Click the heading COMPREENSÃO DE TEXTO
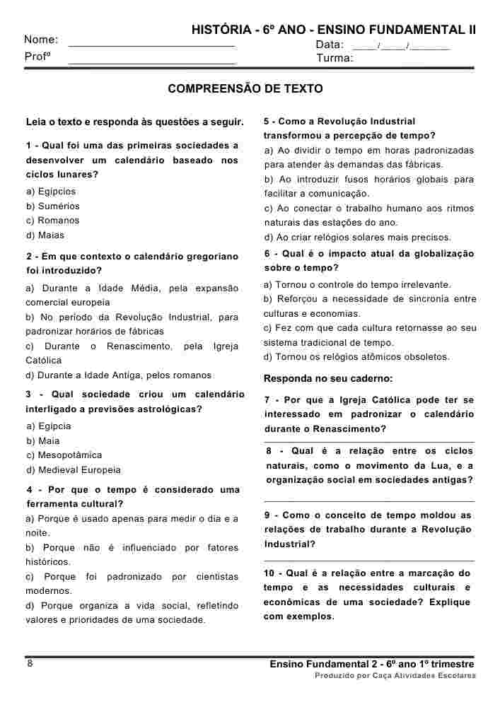[245, 89]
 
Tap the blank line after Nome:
[151, 44]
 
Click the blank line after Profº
[151, 62]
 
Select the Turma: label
[335, 59]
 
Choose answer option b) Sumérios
[53, 206]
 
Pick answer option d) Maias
[45, 235]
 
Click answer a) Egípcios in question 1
[51, 192]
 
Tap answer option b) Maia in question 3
[43, 441]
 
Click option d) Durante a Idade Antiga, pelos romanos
[119, 375]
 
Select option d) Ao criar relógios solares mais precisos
[357, 238]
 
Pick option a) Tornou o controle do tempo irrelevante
[357, 285]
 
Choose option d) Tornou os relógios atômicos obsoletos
[356, 357]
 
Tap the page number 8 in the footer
[30, 663]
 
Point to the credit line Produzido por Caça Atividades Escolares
[395, 676]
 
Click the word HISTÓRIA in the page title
[220, 30]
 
